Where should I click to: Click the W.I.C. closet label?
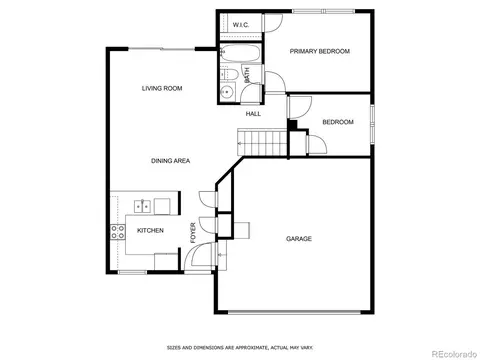[240, 25]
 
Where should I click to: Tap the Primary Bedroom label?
[320, 51]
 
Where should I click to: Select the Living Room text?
[162, 88]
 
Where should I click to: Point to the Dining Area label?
[171, 161]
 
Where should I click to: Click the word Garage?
[299, 239]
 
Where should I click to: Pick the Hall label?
[253, 114]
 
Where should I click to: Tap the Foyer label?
[193, 233]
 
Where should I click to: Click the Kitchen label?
[150, 230]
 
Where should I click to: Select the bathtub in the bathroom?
[240, 53]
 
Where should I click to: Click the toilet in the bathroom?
[229, 74]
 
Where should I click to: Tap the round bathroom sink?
[228, 91]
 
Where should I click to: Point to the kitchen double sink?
[142, 206]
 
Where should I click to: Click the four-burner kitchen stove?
[118, 232]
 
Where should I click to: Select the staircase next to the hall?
[262, 142]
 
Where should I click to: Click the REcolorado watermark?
[455, 354]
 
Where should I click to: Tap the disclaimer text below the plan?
[240, 348]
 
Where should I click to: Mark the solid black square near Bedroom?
[292, 125]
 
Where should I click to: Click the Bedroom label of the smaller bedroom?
[338, 122]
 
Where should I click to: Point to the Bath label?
[247, 75]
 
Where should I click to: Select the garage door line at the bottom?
[294, 312]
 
